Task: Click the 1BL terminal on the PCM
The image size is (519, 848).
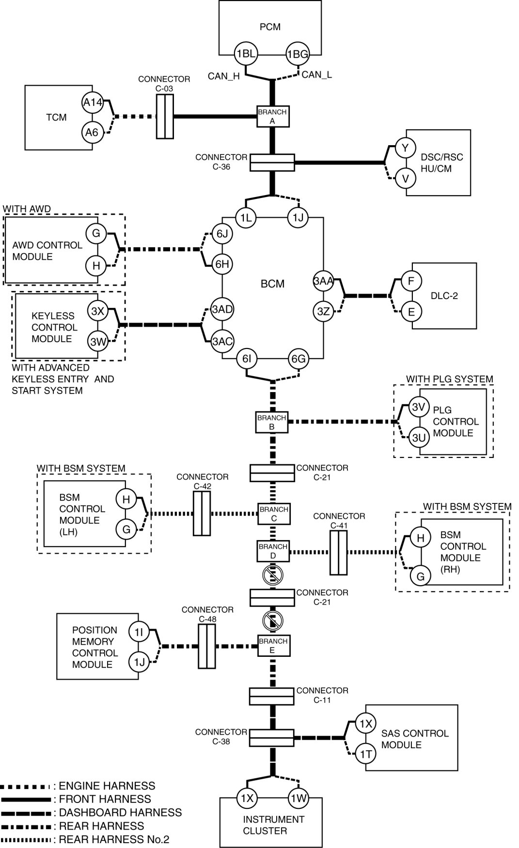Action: pyautogui.click(x=246, y=54)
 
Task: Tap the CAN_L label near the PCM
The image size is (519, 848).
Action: pyautogui.click(x=316, y=75)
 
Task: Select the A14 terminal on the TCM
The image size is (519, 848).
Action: pyautogui.click(x=93, y=102)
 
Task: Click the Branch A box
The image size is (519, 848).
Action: pyautogui.click(x=272, y=117)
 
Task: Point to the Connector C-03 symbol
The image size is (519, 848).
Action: pyautogui.click(x=165, y=117)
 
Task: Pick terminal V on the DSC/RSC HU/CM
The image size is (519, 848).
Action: pyautogui.click(x=406, y=179)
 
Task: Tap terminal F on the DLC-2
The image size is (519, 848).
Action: pyautogui.click(x=411, y=281)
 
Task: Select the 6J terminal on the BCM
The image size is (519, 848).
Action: pyautogui.click(x=222, y=234)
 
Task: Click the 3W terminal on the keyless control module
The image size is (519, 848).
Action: pyautogui.click(x=98, y=342)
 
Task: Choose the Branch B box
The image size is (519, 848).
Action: pyautogui.click(x=272, y=422)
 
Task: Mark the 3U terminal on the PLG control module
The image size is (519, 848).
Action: pyautogui.click(x=419, y=438)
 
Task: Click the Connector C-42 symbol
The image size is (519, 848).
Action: pyautogui.click(x=202, y=514)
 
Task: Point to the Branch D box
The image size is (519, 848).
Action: pyautogui.click(x=273, y=551)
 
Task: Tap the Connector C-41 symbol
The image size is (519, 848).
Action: pyautogui.click(x=339, y=552)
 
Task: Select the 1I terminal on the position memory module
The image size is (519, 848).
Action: pyautogui.click(x=139, y=632)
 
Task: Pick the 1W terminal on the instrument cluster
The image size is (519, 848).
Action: pyautogui.click(x=299, y=798)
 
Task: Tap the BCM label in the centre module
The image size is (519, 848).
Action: pyautogui.click(x=272, y=284)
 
